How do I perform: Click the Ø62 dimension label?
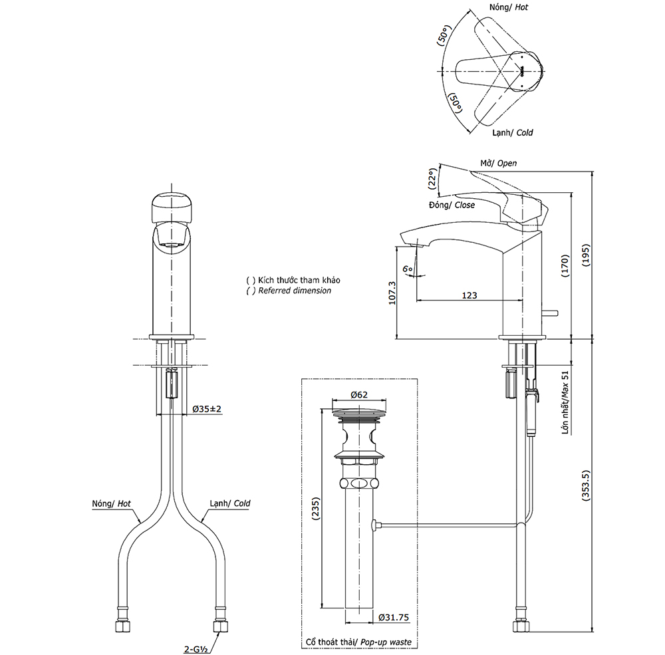click(359, 394)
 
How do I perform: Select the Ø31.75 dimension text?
click(394, 617)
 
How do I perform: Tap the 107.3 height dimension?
click(392, 293)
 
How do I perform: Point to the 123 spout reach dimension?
click(469, 295)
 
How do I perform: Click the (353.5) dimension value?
click(586, 485)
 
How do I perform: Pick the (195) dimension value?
click(586, 255)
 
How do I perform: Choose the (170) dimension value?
click(565, 266)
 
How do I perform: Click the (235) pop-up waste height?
click(316, 509)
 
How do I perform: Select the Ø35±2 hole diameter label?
click(207, 409)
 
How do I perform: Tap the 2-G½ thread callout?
click(196, 649)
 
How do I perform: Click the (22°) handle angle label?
click(432, 179)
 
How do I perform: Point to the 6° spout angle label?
click(408, 269)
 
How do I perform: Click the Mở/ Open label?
click(498, 164)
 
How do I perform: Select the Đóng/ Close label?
click(452, 205)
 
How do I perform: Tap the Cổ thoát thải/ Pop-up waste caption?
click(359, 642)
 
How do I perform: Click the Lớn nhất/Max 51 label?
click(565, 402)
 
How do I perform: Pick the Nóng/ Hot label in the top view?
click(509, 7)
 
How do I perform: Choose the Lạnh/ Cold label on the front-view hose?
click(230, 503)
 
